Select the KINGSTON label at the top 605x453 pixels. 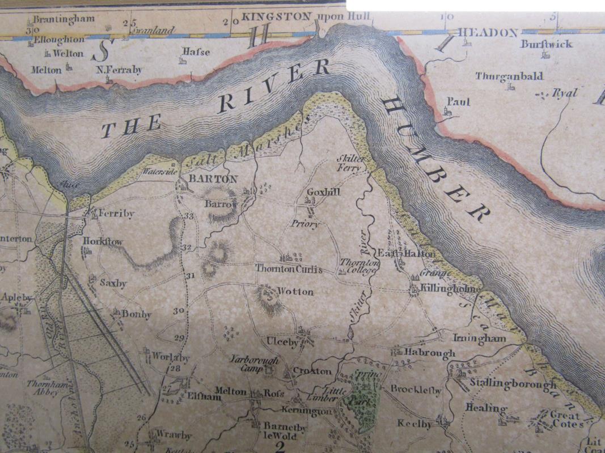pos(276,17)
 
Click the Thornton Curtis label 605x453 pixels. pos(289,269)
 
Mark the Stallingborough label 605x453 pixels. pos(513,384)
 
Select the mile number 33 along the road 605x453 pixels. pos(188,217)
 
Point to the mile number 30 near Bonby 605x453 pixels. pos(179,311)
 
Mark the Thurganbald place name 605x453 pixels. pos(509,76)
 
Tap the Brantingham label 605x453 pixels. pos(64,19)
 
